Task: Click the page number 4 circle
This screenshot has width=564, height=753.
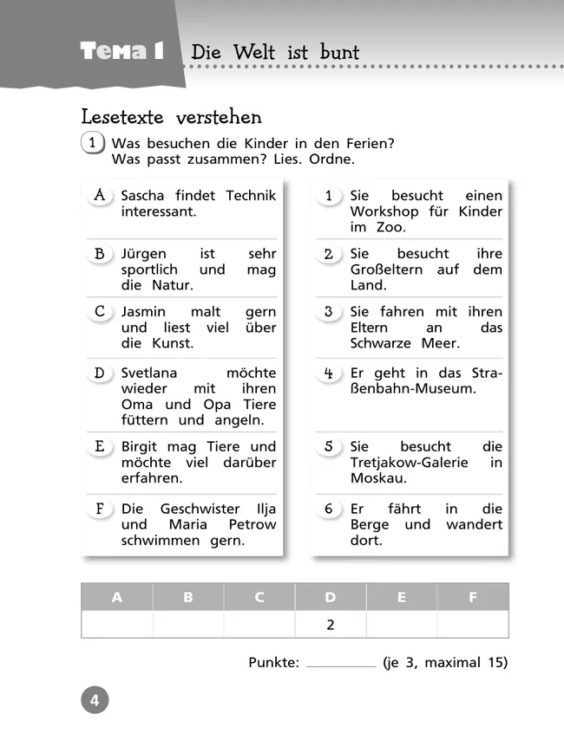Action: pos(95,699)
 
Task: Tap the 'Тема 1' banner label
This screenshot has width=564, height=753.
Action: pos(121,51)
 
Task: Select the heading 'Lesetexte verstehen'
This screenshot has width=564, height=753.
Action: pos(171,116)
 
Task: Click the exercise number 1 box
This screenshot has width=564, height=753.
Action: pos(92,143)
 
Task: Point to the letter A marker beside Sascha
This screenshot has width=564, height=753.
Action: pos(100,196)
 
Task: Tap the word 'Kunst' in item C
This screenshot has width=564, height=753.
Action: pos(172,343)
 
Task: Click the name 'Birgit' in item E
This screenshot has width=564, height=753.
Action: pos(140,446)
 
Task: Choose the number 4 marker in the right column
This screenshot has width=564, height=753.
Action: pos(329,373)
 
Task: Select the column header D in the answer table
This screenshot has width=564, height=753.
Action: pos(331,597)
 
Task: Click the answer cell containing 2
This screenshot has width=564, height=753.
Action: pos(331,624)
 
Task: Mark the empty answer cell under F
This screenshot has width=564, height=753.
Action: pos(473,624)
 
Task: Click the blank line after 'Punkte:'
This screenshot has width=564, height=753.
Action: pos(341,664)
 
